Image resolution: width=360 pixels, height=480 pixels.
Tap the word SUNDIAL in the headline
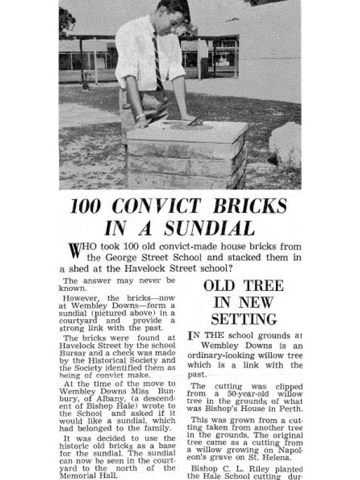click(205, 229)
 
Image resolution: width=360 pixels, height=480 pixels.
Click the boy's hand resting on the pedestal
click(142, 122)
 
